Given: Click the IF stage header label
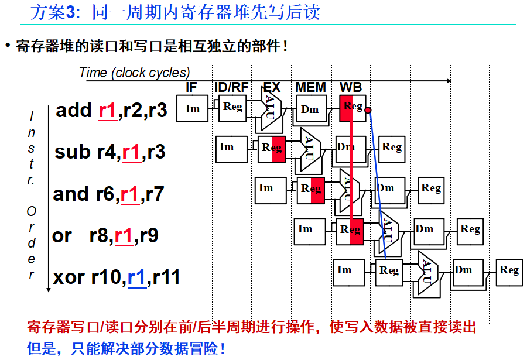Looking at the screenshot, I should point(191,87).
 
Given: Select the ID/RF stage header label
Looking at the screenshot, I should point(231,87).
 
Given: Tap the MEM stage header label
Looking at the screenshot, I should point(310,87).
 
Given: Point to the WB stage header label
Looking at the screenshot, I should point(351,87).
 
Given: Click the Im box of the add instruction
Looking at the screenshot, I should point(193,109).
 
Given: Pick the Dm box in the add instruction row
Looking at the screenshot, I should point(310,109).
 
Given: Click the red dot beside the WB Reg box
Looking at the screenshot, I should point(368,109).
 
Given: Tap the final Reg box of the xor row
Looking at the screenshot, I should point(509,270).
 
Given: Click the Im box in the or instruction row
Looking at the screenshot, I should point(305,229).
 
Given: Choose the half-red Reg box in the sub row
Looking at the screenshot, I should point(272,149).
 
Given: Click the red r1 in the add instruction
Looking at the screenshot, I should point(107,111).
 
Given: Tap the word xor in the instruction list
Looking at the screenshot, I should point(69,276).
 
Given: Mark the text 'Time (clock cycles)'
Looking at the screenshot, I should point(134,73).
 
